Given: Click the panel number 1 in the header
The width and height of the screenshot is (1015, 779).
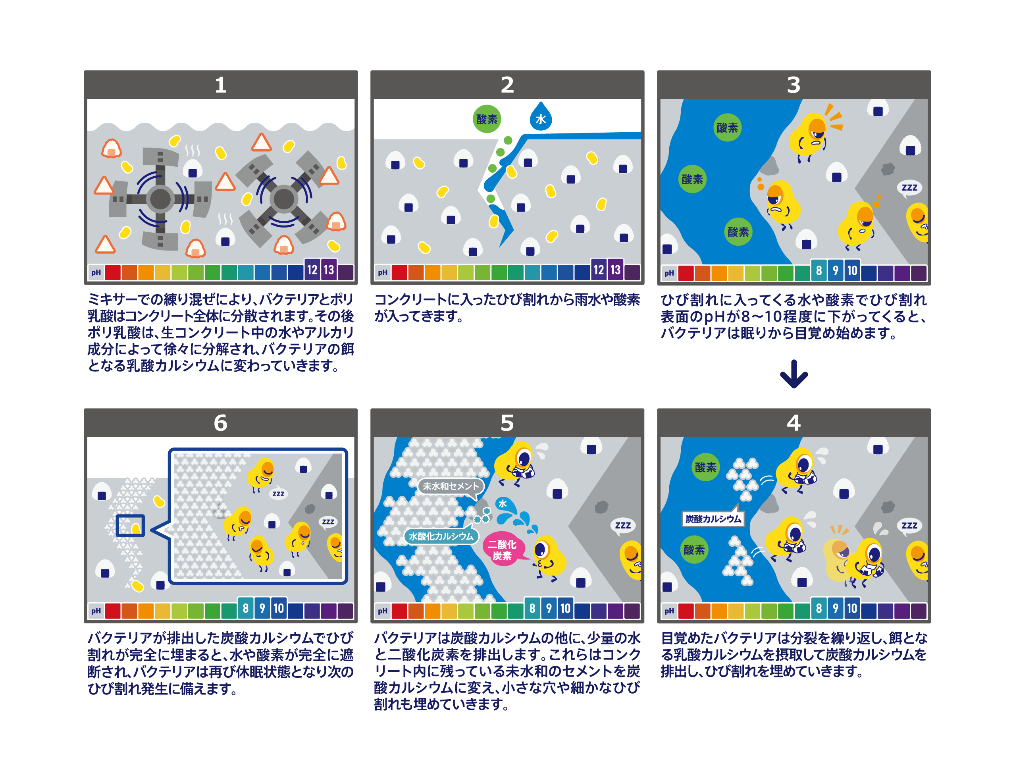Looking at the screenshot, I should (x=221, y=85).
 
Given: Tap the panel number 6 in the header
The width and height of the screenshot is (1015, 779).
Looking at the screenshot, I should (x=221, y=423).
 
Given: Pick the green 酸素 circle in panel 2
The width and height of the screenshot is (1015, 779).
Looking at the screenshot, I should (x=487, y=119).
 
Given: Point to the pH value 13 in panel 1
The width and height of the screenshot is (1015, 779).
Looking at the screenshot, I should (x=329, y=270).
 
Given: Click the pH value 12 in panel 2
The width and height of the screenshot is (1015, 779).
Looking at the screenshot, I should (x=599, y=270).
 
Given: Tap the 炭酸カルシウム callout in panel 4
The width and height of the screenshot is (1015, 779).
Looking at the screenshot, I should (x=713, y=519).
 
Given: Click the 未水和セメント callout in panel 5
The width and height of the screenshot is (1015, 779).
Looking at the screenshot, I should (x=451, y=486).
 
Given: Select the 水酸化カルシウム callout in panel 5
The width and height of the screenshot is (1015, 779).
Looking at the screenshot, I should (x=441, y=536).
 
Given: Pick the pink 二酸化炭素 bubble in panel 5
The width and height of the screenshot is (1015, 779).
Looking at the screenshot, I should (x=503, y=550).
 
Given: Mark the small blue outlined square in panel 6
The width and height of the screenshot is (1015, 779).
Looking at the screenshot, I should (x=130, y=526).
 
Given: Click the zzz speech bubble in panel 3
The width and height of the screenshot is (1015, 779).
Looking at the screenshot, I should (x=909, y=188).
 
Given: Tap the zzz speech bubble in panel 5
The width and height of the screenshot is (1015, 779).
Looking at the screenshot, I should (x=622, y=525).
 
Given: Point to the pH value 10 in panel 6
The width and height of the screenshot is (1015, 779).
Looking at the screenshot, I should (x=279, y=608).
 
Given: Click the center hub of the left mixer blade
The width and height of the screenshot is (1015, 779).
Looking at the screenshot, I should (x=160, y=199).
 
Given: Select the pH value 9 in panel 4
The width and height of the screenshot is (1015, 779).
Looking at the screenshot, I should (x=836, y=608).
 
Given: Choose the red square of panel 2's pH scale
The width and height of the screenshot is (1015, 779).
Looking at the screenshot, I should (x=399, y=273).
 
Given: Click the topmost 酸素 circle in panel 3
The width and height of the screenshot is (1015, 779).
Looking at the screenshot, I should (x=727, y=127).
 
